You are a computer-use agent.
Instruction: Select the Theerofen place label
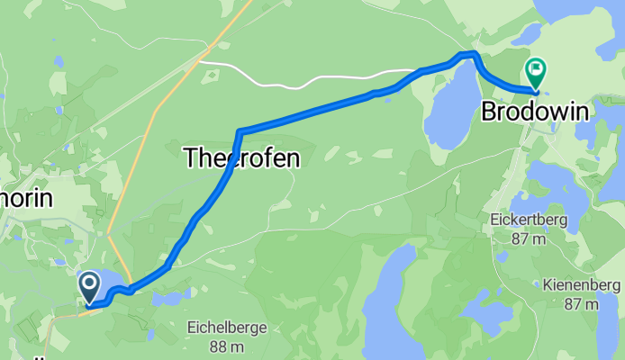tap(240, 158)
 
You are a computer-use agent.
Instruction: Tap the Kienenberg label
tap(582, 286)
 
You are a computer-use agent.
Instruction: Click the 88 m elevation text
tap(227, 346)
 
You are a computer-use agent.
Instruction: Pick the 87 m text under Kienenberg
tap(582, 305)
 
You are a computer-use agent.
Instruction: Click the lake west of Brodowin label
tap(450, 103)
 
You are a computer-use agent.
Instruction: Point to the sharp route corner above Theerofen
tap(240, 132)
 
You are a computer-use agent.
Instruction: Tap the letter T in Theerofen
tap(190, 158)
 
